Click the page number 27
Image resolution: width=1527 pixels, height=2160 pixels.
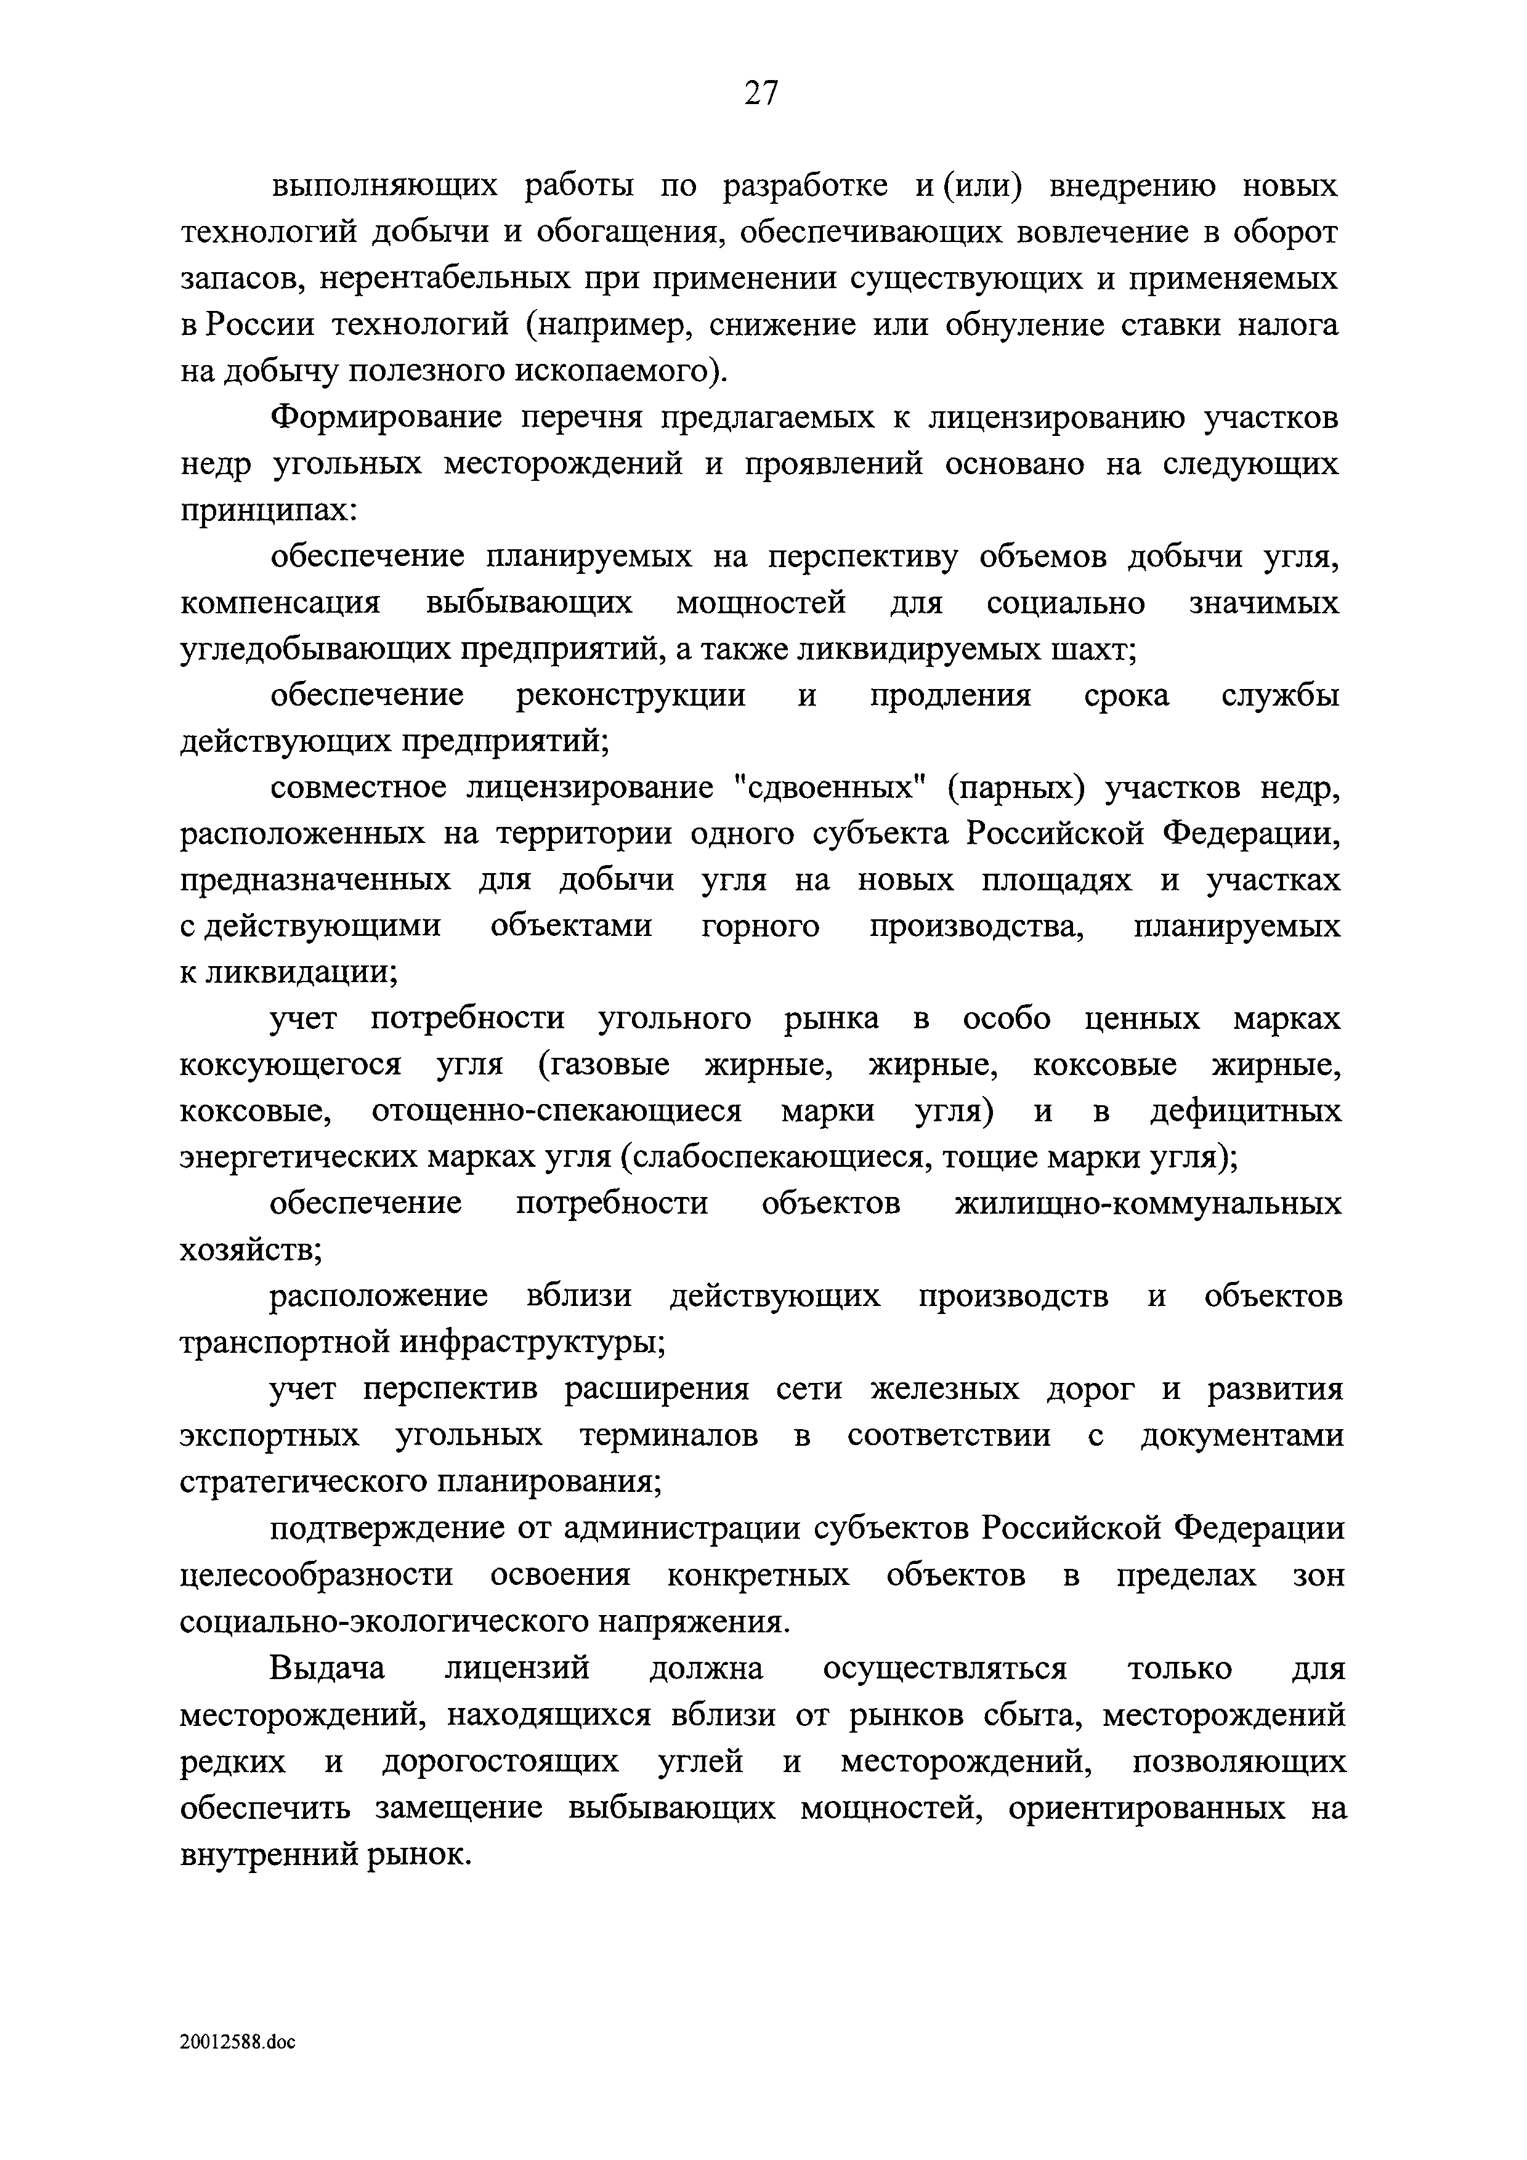point(761,92)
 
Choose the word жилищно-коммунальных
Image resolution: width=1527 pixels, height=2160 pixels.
point(1148,1204)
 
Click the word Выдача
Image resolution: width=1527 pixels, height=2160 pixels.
point(328,1668)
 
